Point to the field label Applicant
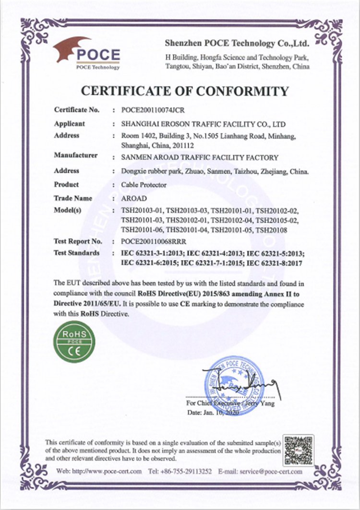[70, 123]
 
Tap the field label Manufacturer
[76, 155]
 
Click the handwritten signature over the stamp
[240, 383]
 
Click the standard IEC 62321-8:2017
[276, 262]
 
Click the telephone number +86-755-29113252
[185, 471]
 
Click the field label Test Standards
[77, 252]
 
